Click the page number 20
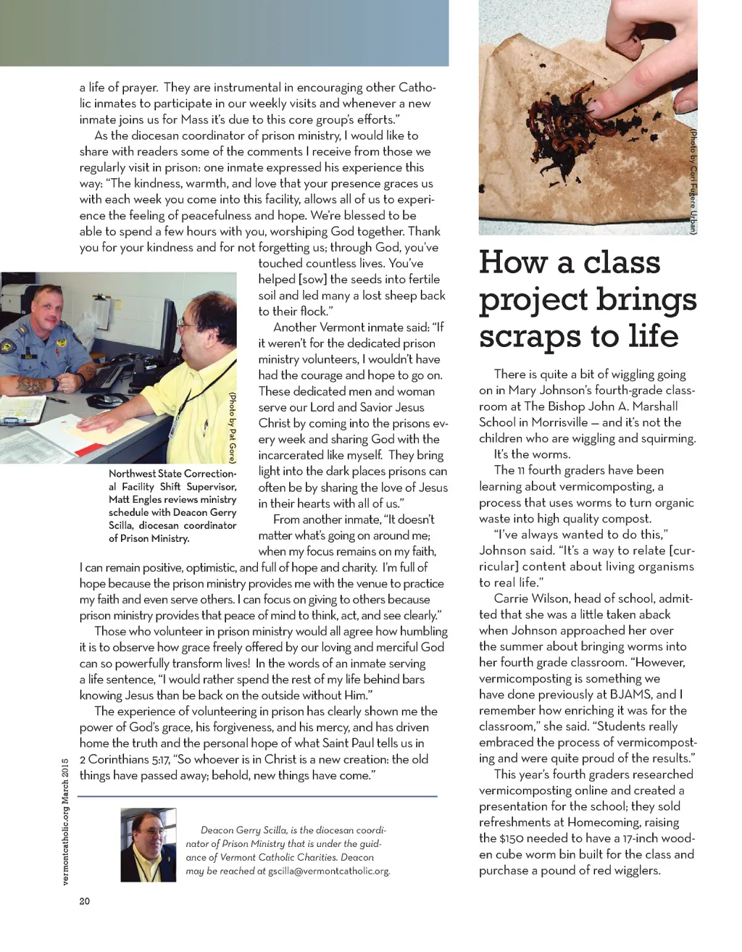point(85,901)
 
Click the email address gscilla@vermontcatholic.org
point(329,871)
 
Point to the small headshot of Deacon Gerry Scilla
point(149,845)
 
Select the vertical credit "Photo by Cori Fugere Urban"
point(693,181)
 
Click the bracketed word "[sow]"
point(309,279)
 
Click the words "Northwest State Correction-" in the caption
point(172,474)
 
